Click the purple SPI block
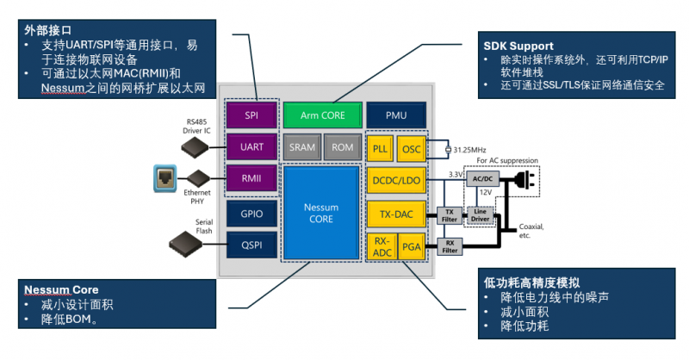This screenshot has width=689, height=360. [x=251, y=115]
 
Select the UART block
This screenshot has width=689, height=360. [x=251, y=147]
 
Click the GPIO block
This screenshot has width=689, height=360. [x=251, y=214]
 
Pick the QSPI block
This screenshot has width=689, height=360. [x=251, y=246]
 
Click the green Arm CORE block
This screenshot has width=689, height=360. [x=320, y=115]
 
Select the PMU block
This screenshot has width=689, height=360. [x=395, y=115]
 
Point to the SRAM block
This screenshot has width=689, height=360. [x=301, y=147]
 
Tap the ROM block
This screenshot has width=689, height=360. [x=342, y=147]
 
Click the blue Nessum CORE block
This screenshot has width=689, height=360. [x=320, y=214]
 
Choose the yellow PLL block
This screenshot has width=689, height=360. [x=380, y=148]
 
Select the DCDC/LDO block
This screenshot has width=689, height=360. [x=395, y=180]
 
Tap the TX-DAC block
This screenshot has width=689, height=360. [x=395, y=213]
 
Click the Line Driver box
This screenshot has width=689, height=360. [x=480, y=215]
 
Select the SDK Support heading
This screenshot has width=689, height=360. [x=518, y=45]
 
